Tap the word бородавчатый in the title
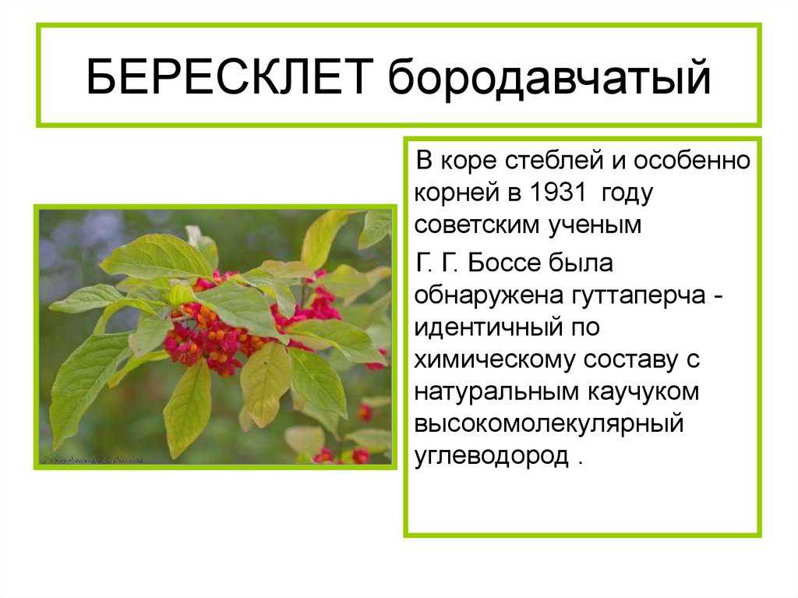click(549, 77)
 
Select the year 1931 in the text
click(558, 193)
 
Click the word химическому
click(495, 359)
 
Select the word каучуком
click(643, 392)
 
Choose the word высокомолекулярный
click(549, 424)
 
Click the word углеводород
click(492, 457)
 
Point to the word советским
click(477, 225)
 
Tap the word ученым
click(595, 225)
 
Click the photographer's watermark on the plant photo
click(93, 459)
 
